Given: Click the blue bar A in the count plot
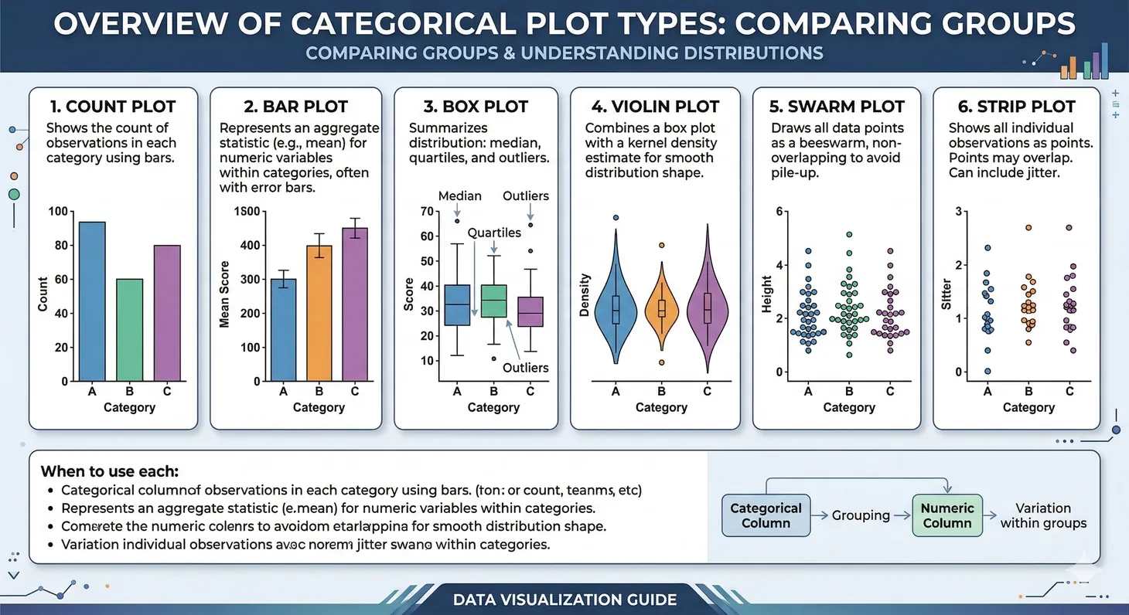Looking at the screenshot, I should (x=92, y=301).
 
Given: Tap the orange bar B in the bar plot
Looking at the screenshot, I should (x=319, y=313).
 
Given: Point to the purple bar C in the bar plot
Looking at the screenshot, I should (x=355, y=304).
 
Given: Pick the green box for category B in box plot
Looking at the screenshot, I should (x=493, y=301).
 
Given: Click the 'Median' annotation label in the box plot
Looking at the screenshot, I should (x=459, y=196).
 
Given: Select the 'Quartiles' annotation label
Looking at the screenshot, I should (x=494, y=233).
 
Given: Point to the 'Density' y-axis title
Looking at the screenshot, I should (x=585, y=295).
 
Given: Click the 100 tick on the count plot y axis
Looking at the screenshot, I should (x=58, y=212).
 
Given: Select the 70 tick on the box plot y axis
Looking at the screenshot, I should (x=425, y=212).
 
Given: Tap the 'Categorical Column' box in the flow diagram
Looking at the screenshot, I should (x=766, y=515).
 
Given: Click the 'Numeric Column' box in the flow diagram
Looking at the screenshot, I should (x=947, y=515).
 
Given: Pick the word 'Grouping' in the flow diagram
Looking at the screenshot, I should (x=861, y=515).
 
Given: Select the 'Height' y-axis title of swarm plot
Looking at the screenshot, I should (x=766, y=294).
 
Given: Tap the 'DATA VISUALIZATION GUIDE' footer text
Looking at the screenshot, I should (x=564, y=600).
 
